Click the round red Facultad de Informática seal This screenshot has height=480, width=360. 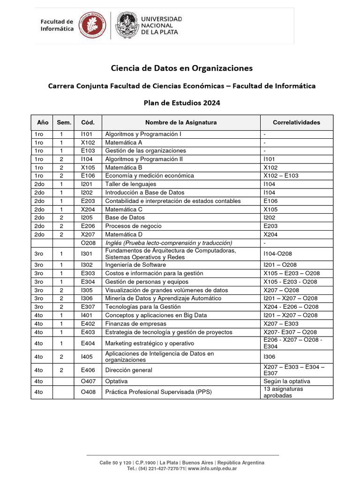point(92,25)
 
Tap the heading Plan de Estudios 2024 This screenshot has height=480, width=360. point(181,103)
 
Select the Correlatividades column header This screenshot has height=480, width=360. point(296,122)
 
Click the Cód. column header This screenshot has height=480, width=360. point(88,122)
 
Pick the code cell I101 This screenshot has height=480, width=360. point(87,134)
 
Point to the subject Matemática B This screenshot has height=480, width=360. point(124,167)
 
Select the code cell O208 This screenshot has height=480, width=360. point(88,243)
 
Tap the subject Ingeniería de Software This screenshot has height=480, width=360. point(135,265)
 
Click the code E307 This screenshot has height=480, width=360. point(88,307)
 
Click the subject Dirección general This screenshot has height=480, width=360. point(128,370)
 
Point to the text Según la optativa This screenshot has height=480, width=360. point(287,381)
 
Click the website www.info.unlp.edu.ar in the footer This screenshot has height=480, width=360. point(212,468)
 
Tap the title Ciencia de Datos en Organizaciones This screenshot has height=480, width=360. point(181,68)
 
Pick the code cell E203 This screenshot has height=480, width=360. point(88,201)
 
